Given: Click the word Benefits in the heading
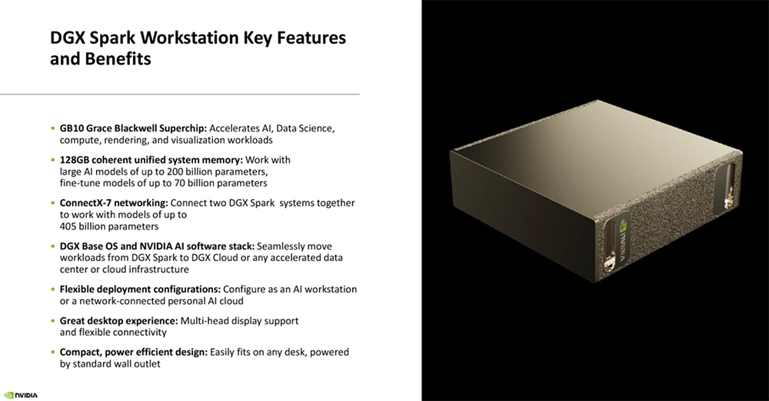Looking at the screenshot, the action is [118, 59].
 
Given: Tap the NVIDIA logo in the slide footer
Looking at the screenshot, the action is [21, 395].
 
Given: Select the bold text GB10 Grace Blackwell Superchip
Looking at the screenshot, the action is [133, 128].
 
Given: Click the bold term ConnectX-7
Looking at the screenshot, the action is [85, 203].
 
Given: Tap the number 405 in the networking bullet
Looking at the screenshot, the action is [68, 227].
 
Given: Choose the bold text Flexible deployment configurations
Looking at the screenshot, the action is [140, 290].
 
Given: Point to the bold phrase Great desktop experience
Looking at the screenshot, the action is [118, 320].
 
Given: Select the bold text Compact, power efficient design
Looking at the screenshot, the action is [133, 352].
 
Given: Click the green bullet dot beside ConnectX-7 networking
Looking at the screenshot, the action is [53, 203].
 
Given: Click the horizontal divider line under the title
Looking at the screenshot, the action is [179, 94].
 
